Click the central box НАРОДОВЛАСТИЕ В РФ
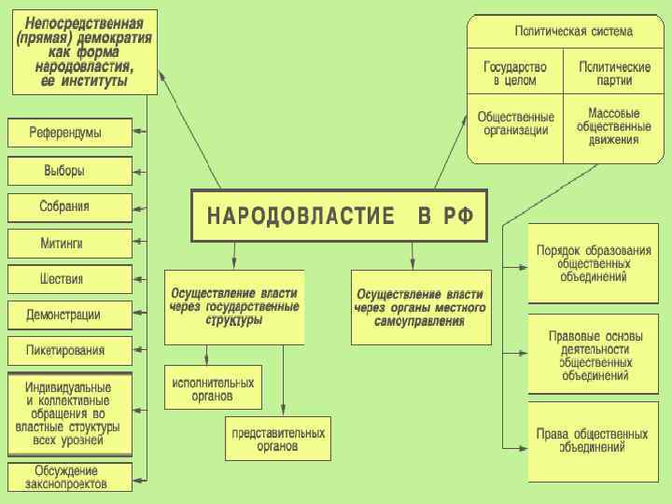coord(340,217)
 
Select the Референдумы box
coord(69,133)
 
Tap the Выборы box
coord(69,171)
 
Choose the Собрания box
coord(69,207)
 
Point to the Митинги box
coord(69,244)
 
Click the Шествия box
coord(69,279)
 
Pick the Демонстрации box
coord(69,315)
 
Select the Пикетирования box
coord(69,351)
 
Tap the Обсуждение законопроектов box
coord(69,477)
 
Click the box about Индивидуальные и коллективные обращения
coord(69,413)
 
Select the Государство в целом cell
coord(515,73)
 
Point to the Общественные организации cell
coord(515,124)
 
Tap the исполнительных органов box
coord(213,387)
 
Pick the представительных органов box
coord(278,440)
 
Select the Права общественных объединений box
coord(592,441)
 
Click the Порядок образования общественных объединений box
coord(592,263)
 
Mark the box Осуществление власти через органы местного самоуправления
coord(419,307)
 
